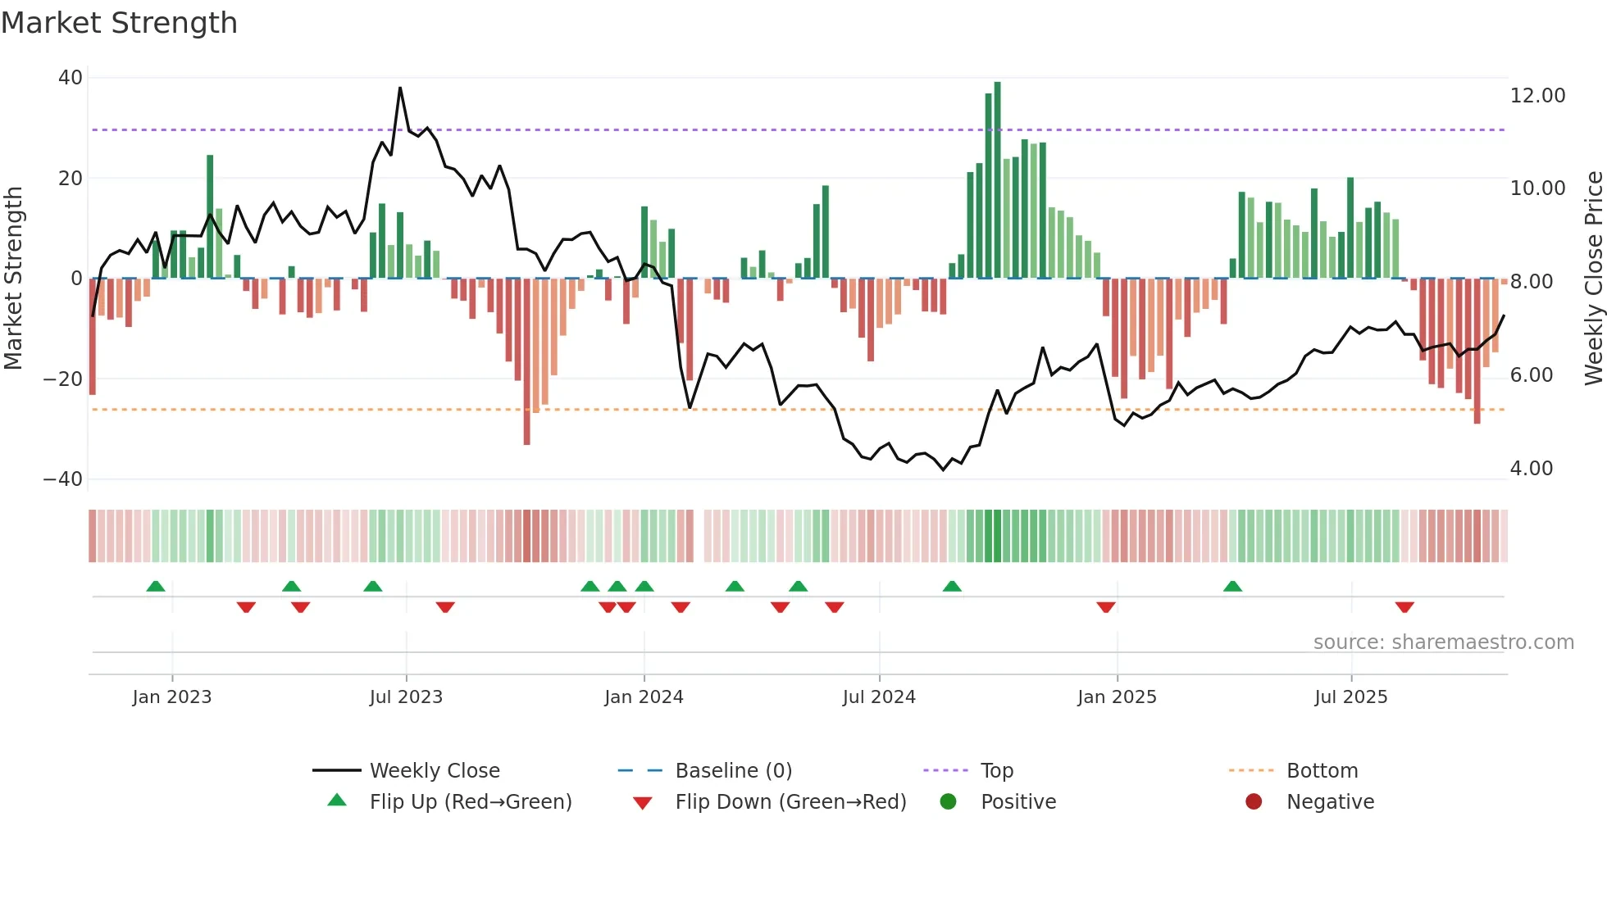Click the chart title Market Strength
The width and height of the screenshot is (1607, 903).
tap(119, 23)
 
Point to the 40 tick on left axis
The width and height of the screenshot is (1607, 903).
tap(71, 78)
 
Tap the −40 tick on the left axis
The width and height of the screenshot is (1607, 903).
tap(63, 479)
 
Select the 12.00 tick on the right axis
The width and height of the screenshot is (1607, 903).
tap(1537, 96)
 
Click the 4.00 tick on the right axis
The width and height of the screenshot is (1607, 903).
tap(1531, 469)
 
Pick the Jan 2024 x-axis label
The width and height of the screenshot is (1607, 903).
tap(644, 697)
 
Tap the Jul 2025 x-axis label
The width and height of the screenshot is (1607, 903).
tap(1350, 697)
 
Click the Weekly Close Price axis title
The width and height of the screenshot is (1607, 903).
tap(1593, 279)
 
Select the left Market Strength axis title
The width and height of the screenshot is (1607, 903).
tap(14, 279)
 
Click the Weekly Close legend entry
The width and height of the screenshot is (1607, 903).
tap(434, 771)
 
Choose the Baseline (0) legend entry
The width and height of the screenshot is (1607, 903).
tap(733, 771)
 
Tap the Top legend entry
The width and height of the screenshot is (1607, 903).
tap(996, 771)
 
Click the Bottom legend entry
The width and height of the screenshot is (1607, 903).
tap(1322, 771)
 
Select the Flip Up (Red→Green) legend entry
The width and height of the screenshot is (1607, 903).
tap(470, 802)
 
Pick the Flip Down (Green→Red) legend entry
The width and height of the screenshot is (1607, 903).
tap(790, 802)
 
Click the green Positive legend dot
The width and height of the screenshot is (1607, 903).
tap(949, 801)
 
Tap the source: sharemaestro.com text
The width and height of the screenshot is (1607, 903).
tap(1443, 642)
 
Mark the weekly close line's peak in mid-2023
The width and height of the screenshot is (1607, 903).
tap(400, 88)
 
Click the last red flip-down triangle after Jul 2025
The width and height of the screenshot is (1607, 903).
tap(1404, 608)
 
